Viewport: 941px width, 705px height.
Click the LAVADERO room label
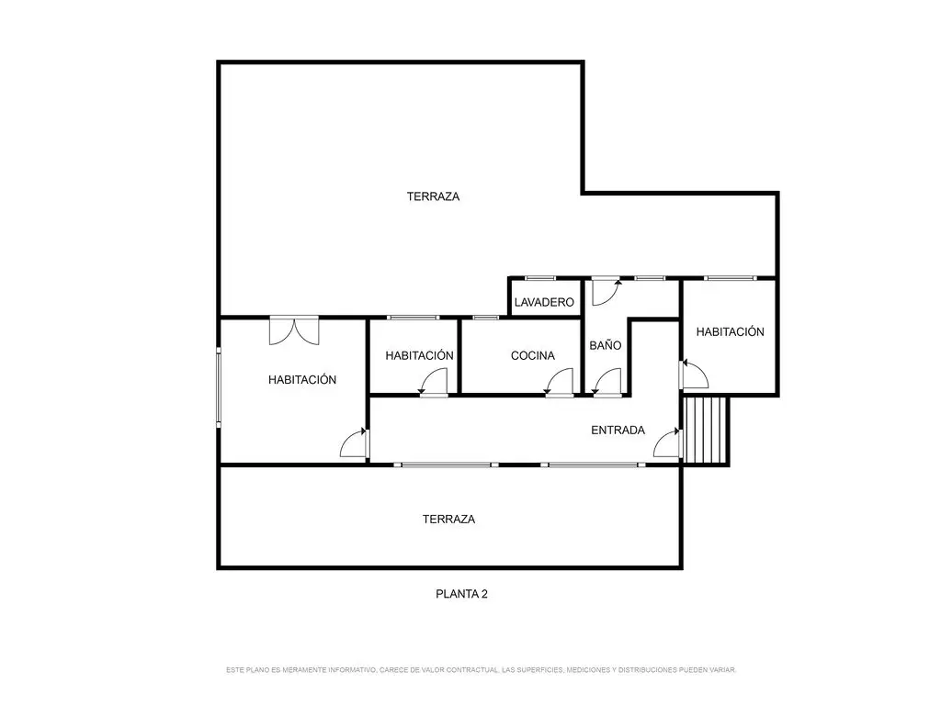pos(544,302)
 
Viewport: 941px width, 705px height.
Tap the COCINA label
pos(532,355)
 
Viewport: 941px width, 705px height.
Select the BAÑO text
pos(605,345)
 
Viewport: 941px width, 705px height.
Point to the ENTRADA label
pos(618,430)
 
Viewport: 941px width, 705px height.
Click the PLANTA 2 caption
pos(461,594)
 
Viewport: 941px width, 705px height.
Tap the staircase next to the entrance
pos(706,430)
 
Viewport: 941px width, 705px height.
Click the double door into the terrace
pos(294,330)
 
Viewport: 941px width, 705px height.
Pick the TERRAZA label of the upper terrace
pos(433,196)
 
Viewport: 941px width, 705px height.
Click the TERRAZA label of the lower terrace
pos(448,520)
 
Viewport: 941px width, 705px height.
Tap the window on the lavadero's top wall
pos(540,278)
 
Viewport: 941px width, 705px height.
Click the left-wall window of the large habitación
pos(219,386)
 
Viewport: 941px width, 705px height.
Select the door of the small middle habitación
pos(434,382)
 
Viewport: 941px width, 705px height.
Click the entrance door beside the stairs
pos(667,442)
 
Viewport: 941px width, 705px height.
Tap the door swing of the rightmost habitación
pos(694,375)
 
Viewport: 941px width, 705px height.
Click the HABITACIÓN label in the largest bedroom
pos(301,379)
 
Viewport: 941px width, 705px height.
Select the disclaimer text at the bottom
pos(481,669)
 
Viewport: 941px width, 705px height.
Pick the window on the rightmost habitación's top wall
pos(731,278)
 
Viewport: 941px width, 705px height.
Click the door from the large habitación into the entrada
pos(354,443)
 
